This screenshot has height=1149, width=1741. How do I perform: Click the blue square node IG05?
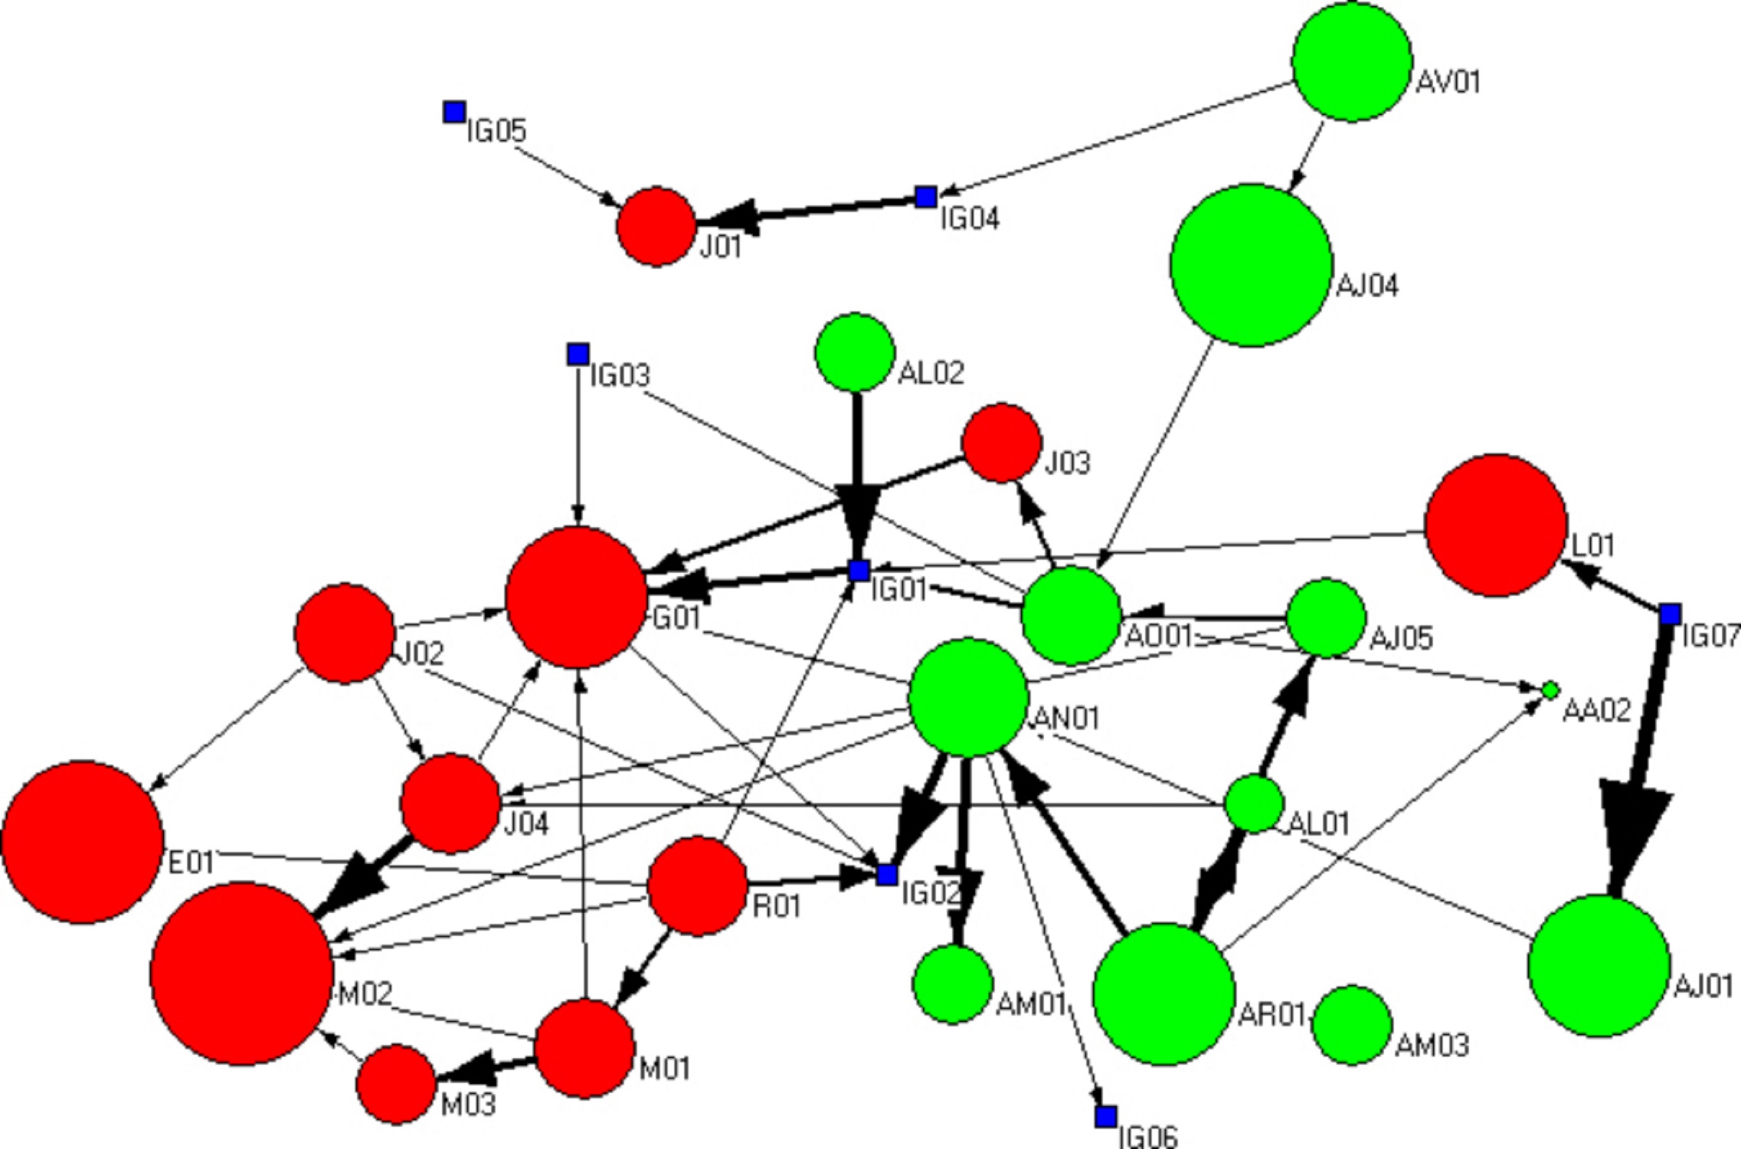pos(454,113)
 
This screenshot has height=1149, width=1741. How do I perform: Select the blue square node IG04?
pos(926,197)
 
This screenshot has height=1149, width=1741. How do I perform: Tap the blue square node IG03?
pos(578,354)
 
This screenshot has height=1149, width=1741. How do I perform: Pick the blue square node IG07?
pos(1671,614)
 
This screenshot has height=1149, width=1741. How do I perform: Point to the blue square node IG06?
pos(1106,1117)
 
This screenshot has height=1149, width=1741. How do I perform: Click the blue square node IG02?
pos(887,875)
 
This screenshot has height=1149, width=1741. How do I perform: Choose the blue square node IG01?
pos(859,571)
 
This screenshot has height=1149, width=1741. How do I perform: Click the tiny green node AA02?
pos(1550,690)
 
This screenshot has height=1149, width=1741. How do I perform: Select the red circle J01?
pos(656,227)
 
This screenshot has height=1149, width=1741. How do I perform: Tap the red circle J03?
pos(1002,443)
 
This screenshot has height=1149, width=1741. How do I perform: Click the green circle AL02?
pos(855,352)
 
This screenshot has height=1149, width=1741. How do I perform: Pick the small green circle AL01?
pos(1254,804)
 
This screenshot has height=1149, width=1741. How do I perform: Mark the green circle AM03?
pos(1352,1025)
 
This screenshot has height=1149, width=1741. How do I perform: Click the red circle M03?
pos(396,1084)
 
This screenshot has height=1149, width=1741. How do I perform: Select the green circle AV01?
pos(1352,61)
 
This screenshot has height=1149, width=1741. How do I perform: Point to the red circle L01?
pos(1496,525)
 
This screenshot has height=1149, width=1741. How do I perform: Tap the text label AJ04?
pos(1367,286)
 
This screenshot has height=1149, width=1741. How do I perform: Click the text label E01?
pos(191,862)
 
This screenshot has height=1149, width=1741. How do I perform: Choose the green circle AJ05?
pos(1326,617)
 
